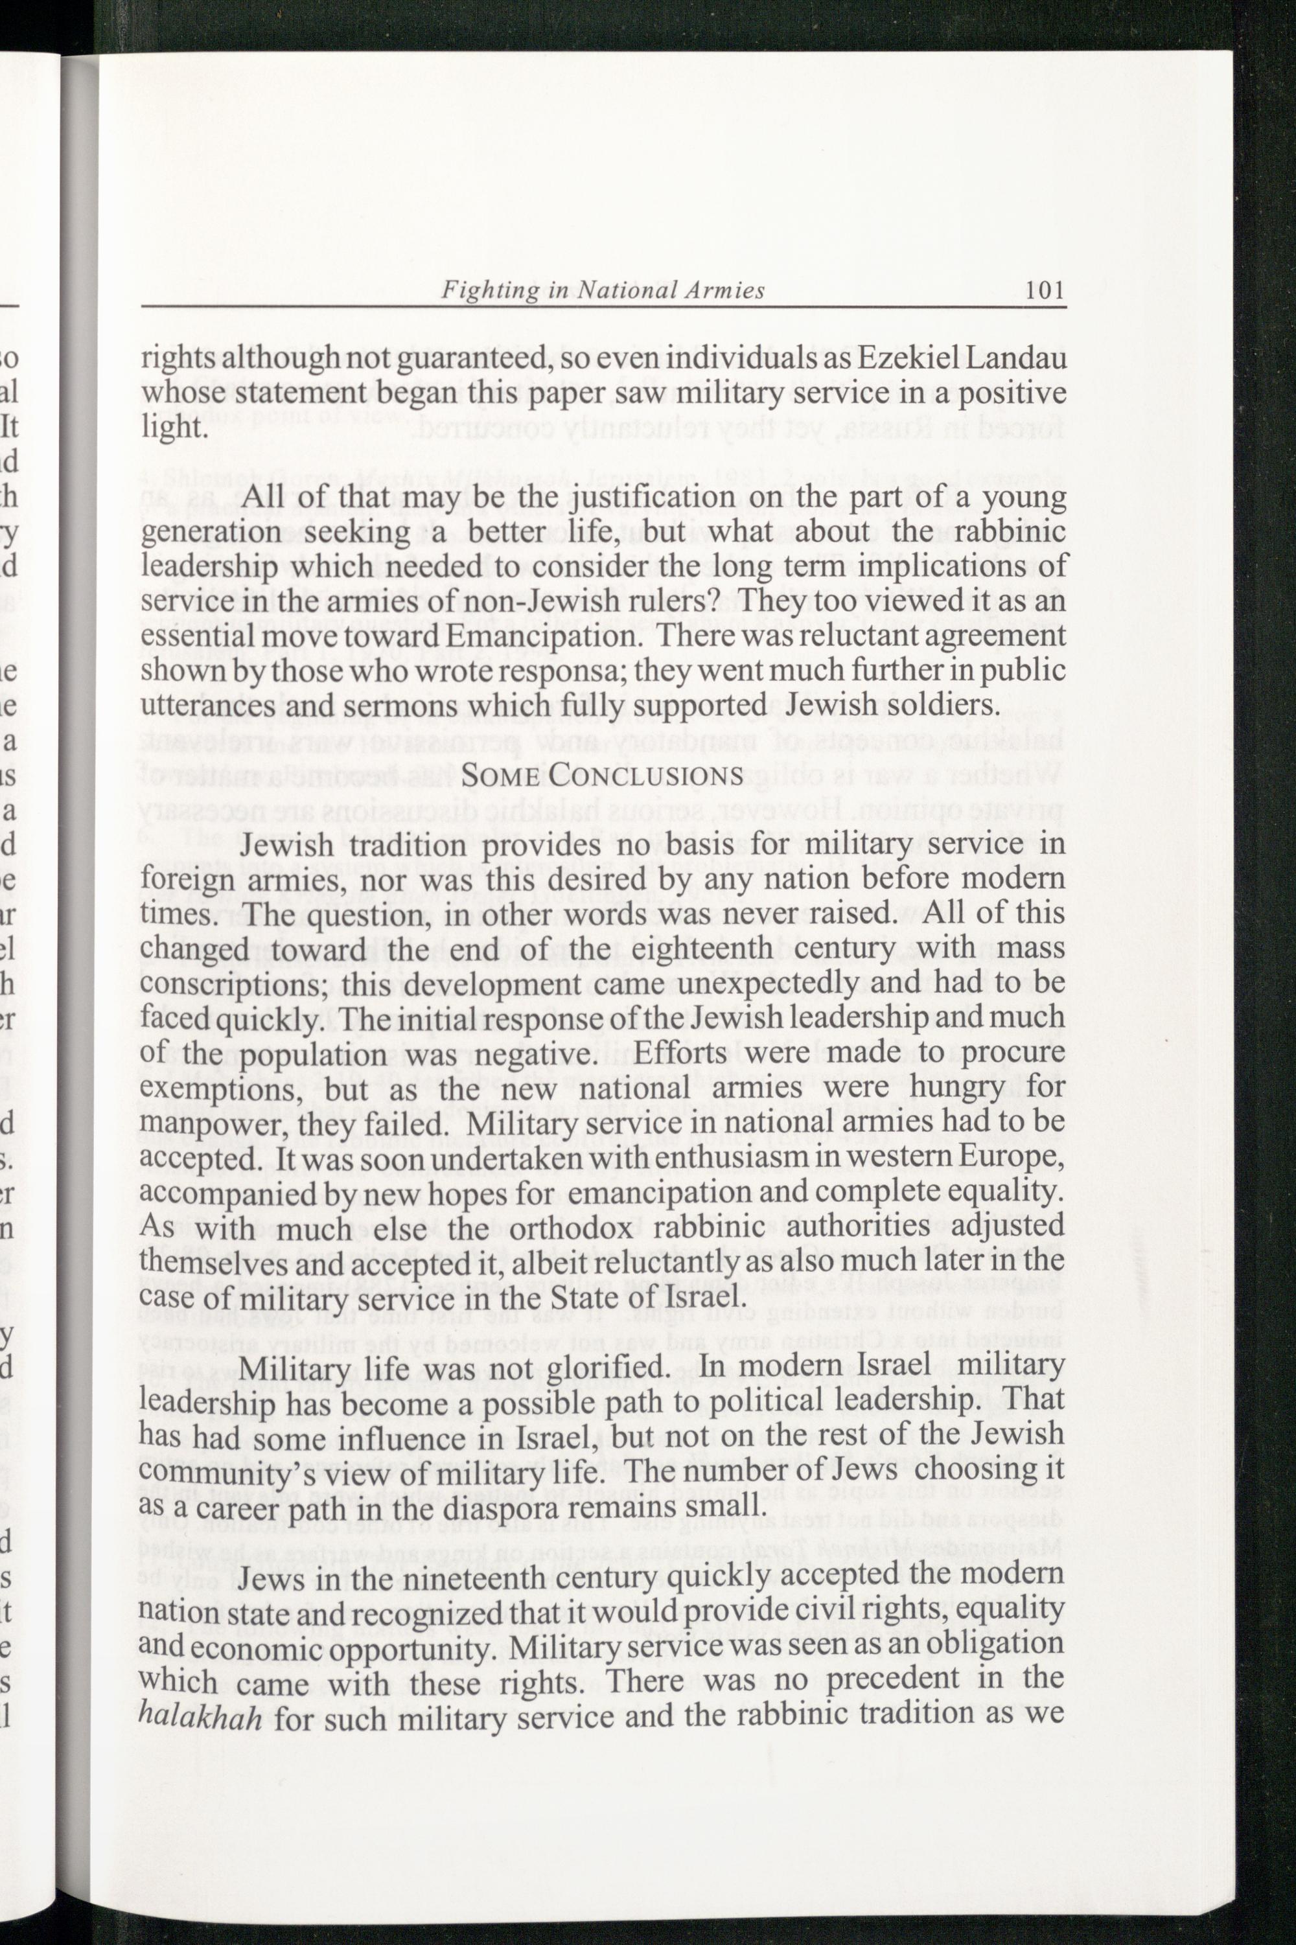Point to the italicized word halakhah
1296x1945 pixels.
pos(201,1715)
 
